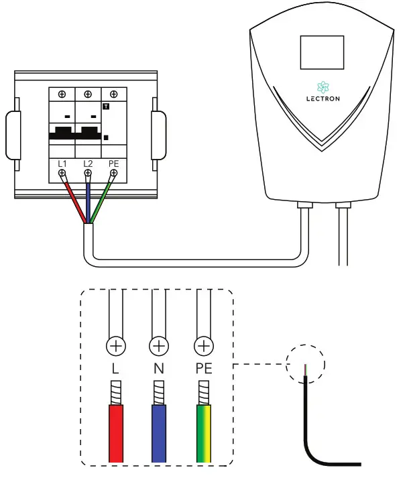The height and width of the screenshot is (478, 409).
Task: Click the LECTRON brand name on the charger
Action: (x=322, y=99)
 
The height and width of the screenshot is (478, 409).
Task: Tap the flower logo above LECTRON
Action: (x=322, y=86)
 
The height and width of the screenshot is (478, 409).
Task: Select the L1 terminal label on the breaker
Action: (x=62, y=163)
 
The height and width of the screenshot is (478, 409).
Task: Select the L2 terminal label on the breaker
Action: (x=87, y=163)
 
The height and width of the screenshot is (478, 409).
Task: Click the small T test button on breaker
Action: (x=106, y=107)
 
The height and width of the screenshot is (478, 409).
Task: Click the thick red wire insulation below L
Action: (x=116, y=432)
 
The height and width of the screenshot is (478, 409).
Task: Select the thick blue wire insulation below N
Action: (x=158, y=432)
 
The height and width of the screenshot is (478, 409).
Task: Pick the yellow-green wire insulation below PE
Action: (x=203, y=432)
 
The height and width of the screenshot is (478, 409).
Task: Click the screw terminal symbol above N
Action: (x=158, y=347)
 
